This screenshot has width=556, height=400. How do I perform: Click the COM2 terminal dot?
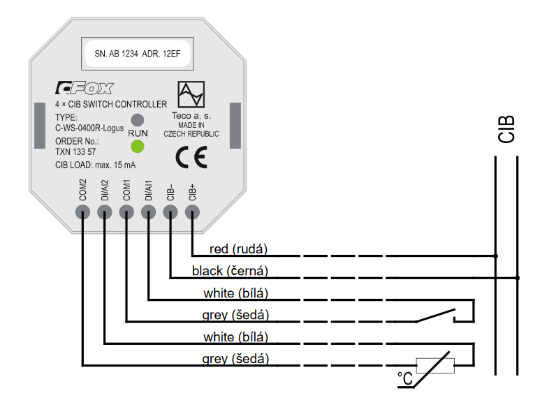(82, 210)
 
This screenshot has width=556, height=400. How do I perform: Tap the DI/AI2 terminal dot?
(104, 210)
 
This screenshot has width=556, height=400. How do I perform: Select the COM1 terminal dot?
(126, 210)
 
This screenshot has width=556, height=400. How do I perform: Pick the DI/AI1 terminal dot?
(148, 210)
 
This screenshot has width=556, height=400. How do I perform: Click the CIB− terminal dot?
(170, 210)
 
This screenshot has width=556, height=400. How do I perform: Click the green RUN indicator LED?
(138, 147)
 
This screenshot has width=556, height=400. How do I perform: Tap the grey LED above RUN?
(138, 119)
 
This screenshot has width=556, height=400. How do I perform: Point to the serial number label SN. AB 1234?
(115, 52)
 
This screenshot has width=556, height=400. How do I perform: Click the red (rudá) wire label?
(239, 249)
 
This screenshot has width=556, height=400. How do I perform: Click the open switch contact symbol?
(437, 317)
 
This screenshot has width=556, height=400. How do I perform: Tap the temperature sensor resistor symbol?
(434, 364)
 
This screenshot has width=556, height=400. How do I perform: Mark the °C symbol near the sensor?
(405, 378)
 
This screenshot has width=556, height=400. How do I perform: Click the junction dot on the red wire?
(495, 255)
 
